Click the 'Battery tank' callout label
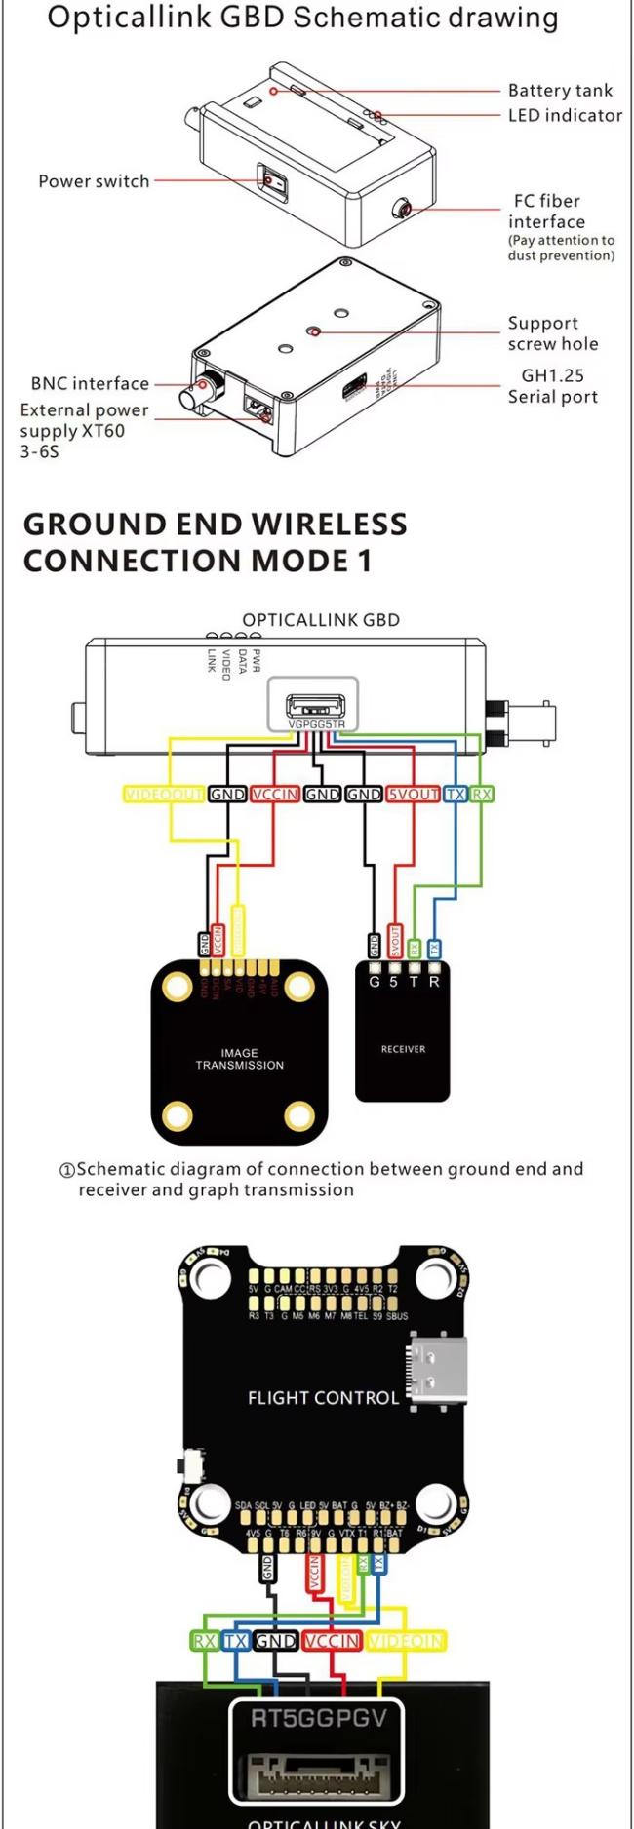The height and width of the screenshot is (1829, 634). click(560, 91)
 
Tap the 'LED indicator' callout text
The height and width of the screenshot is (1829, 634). click(565, 115)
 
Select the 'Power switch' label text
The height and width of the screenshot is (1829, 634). click(94, 181)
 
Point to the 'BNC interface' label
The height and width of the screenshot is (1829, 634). click(90, 384)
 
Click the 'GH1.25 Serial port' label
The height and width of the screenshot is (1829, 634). click(552, 386)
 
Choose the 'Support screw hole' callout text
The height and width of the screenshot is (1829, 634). click(553, 333)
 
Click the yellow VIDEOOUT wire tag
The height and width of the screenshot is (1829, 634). click(164, 795)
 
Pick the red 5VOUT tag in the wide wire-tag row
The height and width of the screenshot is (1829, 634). click(413, 795)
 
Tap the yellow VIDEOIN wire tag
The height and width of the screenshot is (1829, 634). click(406, 1641)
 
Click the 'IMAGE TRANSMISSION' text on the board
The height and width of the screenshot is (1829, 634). click(239, 1059)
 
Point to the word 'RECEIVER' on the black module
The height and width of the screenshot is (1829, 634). click(403, 1049)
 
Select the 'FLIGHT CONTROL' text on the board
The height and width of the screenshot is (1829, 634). click(323, 1398)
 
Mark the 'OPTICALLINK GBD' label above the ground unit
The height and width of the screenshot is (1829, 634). click(321, 620)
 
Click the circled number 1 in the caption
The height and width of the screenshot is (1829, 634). click(67, 1170)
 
